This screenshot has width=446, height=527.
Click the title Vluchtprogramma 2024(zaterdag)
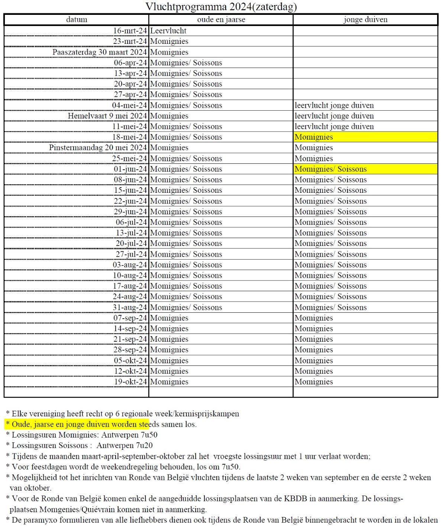point(221,7)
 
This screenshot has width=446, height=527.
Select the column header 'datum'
point(77,20)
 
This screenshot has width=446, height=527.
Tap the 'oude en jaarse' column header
point(221,20)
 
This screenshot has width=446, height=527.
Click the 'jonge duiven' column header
point(365,20)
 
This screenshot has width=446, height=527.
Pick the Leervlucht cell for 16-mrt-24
point(168,31)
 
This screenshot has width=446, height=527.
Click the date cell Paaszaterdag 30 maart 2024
point(100,52)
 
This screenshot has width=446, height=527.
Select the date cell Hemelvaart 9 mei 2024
point(107,116)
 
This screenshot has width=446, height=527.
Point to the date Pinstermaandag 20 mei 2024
point(98,148)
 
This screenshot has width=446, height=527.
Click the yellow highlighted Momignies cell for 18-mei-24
point(314,137)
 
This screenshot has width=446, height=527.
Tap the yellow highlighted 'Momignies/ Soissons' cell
point(331,169)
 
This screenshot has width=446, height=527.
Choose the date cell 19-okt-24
point(130,382)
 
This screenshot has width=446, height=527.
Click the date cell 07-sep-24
point(130,318)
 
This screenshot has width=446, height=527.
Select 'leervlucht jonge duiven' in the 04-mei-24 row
point(334,105)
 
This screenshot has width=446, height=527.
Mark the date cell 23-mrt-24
point(130,41)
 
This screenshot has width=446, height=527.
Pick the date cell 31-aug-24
point(130,308)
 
